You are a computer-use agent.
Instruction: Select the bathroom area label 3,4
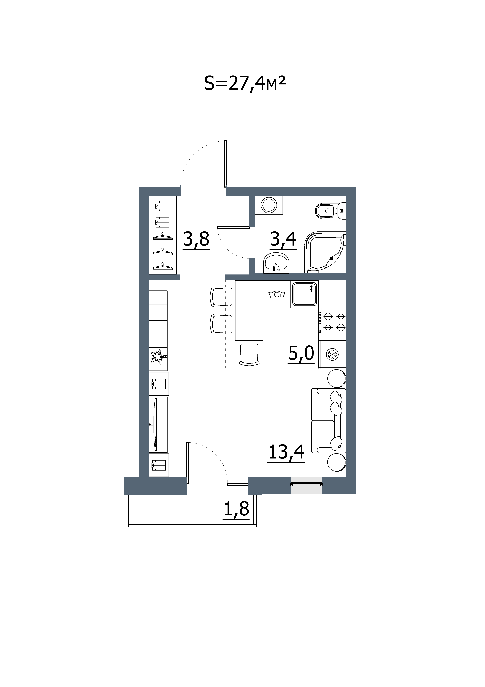(x=283, y=239)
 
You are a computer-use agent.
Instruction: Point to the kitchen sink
(x=305, y=294)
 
